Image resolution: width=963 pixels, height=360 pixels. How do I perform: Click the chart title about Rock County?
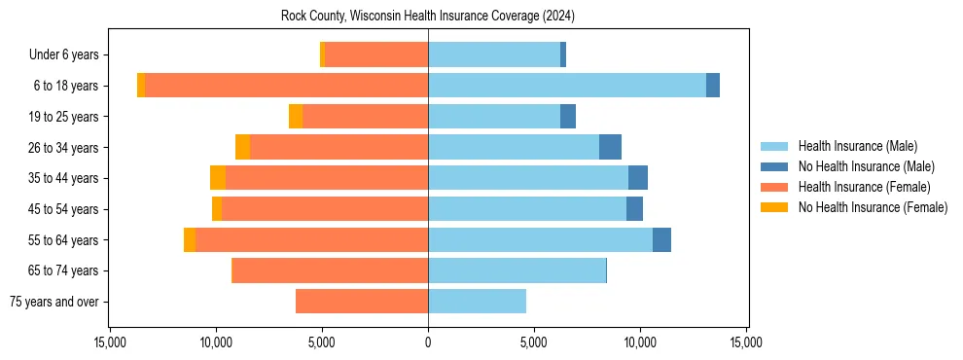click(428, 17)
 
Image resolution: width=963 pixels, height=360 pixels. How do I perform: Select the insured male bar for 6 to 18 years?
click(566, 86)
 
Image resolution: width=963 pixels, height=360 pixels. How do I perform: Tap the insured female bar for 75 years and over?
click(361, 302)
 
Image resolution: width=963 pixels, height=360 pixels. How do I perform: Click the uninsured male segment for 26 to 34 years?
click(610, 147)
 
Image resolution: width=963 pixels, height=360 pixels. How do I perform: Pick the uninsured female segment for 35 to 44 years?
click(218, 178)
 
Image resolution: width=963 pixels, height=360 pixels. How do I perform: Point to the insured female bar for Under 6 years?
click(375, 54)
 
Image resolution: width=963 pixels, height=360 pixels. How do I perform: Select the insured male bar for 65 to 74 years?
click(517, 270)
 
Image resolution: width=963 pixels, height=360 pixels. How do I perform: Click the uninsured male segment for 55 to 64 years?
click(661, 240)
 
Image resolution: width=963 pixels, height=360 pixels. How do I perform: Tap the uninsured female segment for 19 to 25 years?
click(296, 117)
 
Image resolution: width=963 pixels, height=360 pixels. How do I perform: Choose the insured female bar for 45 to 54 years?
click(325, 209)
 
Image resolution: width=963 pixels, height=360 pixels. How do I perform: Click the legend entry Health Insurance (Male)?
click(857, 146)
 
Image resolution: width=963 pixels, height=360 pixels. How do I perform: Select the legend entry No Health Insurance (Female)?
click(873, 207)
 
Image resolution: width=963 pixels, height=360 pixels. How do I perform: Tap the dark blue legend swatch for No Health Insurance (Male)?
click(774, 166)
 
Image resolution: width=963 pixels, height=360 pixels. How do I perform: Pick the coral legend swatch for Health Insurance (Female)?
click(774, 187)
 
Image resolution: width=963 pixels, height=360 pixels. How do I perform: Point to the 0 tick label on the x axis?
click(428, 342)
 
